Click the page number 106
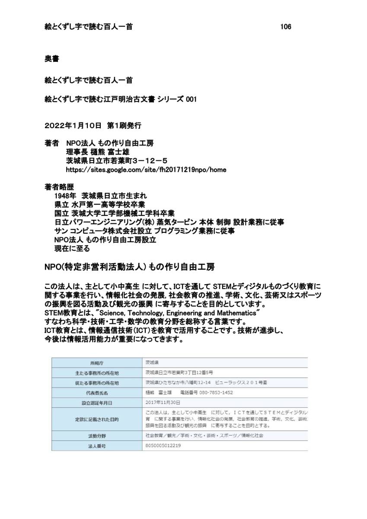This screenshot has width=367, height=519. [285, 27]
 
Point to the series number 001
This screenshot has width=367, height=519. [191, 99]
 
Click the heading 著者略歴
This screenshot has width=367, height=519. [59, 187]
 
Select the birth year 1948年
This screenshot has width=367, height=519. [65, 195]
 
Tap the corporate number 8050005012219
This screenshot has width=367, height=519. [163, 445]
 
